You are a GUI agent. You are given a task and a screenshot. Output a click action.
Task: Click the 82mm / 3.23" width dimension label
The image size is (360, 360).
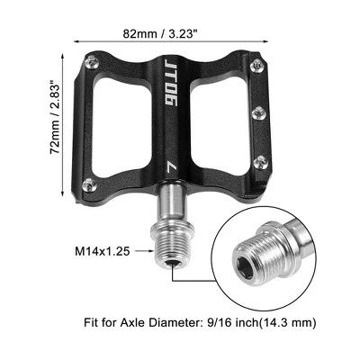[162, 33]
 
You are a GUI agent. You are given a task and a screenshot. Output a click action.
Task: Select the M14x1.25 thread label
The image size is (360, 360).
[103, 251]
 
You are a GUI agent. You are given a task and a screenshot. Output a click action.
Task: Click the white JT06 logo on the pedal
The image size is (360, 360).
[170, 82]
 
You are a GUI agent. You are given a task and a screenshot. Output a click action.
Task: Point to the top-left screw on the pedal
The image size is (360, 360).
[92, 63]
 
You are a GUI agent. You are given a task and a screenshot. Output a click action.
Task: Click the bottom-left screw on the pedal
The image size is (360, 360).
[90, 184]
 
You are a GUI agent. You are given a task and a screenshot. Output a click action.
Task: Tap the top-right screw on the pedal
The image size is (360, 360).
[258, 65]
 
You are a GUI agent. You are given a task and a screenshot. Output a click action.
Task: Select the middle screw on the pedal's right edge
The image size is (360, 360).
[259, 113]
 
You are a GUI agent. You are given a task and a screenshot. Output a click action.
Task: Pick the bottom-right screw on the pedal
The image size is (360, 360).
[261, 162]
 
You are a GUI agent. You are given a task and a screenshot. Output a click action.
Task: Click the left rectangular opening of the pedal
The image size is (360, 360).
[121, 128]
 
